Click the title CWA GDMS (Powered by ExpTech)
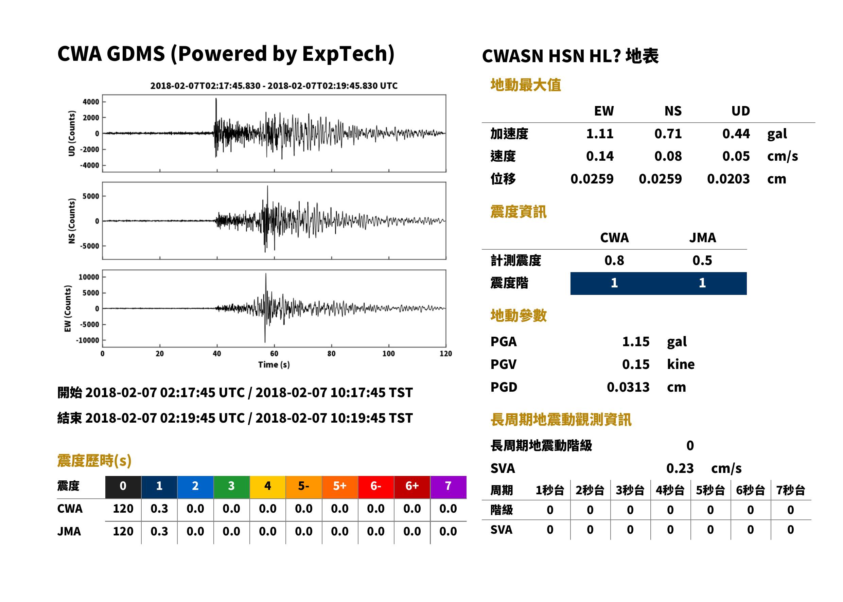coord(226,54)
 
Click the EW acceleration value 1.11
coord(599,134)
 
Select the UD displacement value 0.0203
coord(728,179)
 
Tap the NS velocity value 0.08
coord(668,156)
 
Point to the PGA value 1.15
coord(635,342)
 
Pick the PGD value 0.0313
coord(628,387)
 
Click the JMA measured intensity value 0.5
coord(702,261)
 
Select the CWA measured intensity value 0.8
coord(614,261)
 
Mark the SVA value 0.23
coord(680,468)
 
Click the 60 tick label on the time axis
coord(274,354)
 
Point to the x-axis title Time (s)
coord(274,365)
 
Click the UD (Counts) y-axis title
coord(72,134)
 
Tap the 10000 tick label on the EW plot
coord(89,277)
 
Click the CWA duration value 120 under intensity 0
coord(123,509)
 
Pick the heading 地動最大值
coord(526,85)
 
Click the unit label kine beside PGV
coord(681,365)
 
